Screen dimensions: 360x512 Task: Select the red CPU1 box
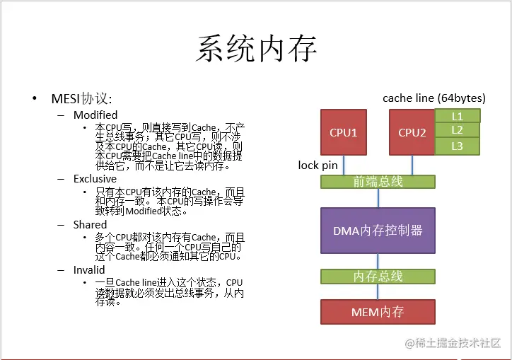tap(344, 132)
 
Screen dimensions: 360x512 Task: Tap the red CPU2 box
tap(412, 132)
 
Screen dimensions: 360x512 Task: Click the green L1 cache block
tap(458, 115)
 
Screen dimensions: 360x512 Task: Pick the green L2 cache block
tap(458, 130)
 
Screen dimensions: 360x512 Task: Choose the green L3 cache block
tap(458, 146)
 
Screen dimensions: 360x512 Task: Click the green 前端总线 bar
tap(378, 182)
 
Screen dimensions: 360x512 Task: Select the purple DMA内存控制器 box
tap(378, 231)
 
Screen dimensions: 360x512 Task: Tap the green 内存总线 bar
tap(378, 277)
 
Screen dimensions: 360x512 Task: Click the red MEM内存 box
tap(378, 312)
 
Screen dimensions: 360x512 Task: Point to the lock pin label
tap(318, 166)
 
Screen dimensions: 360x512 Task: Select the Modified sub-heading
tap(95, 115)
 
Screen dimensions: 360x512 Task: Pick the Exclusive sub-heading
tap(95, 179)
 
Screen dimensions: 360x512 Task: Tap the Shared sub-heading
tap(90, 224)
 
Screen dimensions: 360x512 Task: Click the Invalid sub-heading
tap(89, 269)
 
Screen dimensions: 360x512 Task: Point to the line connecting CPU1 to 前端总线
tap(344, 165)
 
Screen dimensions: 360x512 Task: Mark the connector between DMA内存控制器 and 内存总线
tap(378, 262)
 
